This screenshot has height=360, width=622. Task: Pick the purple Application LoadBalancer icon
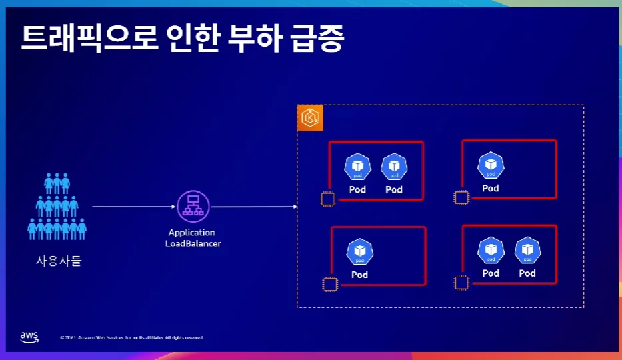[193, 206]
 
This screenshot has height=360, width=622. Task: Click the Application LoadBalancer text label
[193, 238]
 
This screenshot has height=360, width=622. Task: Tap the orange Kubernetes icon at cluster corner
[309, 118]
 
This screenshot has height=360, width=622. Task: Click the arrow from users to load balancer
[133, 207]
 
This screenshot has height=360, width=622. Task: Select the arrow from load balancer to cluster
[254, 207]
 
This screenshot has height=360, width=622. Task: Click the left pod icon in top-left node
[357, 167]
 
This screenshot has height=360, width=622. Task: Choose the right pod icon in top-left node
[394, 167]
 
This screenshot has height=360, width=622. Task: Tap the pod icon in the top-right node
[491, 166]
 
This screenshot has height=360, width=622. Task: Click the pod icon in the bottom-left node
[360, 253]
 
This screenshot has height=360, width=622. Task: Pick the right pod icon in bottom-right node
[527, 251]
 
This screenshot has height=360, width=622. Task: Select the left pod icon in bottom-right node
[491, 251]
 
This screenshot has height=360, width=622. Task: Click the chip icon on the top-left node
[327, 199]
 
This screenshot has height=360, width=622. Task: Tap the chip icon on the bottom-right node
[460, 283]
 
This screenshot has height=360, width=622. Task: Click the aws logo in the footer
[29, 336]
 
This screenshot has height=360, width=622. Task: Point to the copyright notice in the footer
[131, 338]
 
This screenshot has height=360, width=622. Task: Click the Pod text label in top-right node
[491, 188]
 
